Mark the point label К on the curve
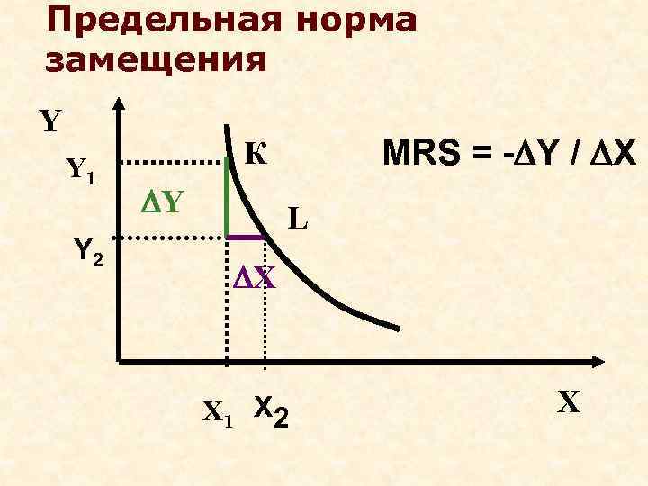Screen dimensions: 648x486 (x=256, y=155)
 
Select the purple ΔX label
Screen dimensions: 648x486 (x=254, y=277)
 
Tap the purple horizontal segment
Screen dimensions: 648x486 (x=245, y=237)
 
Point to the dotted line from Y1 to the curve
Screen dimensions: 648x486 (x=173, y=162)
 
